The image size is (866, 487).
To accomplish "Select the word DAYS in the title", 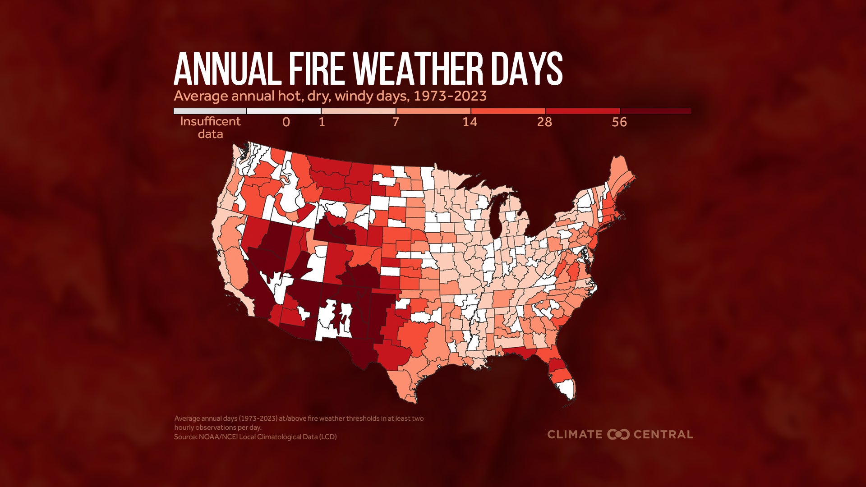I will click(x=527, y=69).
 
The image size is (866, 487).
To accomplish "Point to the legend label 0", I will click(x=286, y=122).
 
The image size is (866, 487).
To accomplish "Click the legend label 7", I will click(x=396, y=122).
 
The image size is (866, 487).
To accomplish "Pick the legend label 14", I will click(x=470, y=122).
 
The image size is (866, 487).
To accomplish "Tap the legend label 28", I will click(x=544, y=122).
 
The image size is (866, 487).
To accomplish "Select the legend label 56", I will click(x=619, y=122).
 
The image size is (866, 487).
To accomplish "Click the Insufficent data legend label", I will click(x=210, y=128).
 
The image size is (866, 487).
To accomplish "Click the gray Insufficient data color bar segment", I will click(x=210, y=111).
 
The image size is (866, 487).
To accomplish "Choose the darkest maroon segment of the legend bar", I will click(x=655, y=111).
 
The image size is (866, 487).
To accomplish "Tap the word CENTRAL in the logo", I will click(x=663, y=435).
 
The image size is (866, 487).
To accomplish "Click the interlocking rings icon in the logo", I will click(x=618, y=435).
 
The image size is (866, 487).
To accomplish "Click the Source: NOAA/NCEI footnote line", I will click(x=255, y=437).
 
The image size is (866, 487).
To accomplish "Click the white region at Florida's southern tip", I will click(x=567, y=391).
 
